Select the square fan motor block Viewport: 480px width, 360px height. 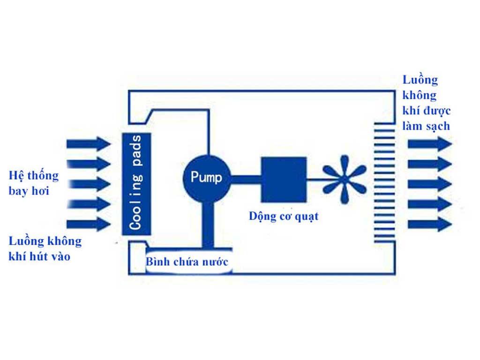[x=284, y=179]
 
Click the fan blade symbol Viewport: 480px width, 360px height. [x=345, y=179]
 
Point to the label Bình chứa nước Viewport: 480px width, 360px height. [x=187, y=262]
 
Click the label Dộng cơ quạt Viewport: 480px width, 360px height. [x=284, y=216]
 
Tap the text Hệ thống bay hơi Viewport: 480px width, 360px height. [x=34, y=183]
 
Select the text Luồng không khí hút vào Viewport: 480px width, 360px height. [x=45, y=249]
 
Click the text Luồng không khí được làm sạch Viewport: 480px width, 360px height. [x=427, y=103]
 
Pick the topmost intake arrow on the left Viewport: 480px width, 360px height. [x=88, y=143]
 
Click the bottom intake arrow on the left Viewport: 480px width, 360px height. [x=88, y=224]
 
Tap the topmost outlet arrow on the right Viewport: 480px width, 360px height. [x=429, y=143]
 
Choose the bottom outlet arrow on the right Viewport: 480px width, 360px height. [x=429, y=224]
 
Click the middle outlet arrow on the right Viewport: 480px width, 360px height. [x=429, y=184]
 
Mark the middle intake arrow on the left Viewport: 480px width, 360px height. [x=88, y=184]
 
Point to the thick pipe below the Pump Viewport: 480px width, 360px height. [x=207, y=224]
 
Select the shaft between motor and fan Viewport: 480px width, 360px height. [x=315, y=179]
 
